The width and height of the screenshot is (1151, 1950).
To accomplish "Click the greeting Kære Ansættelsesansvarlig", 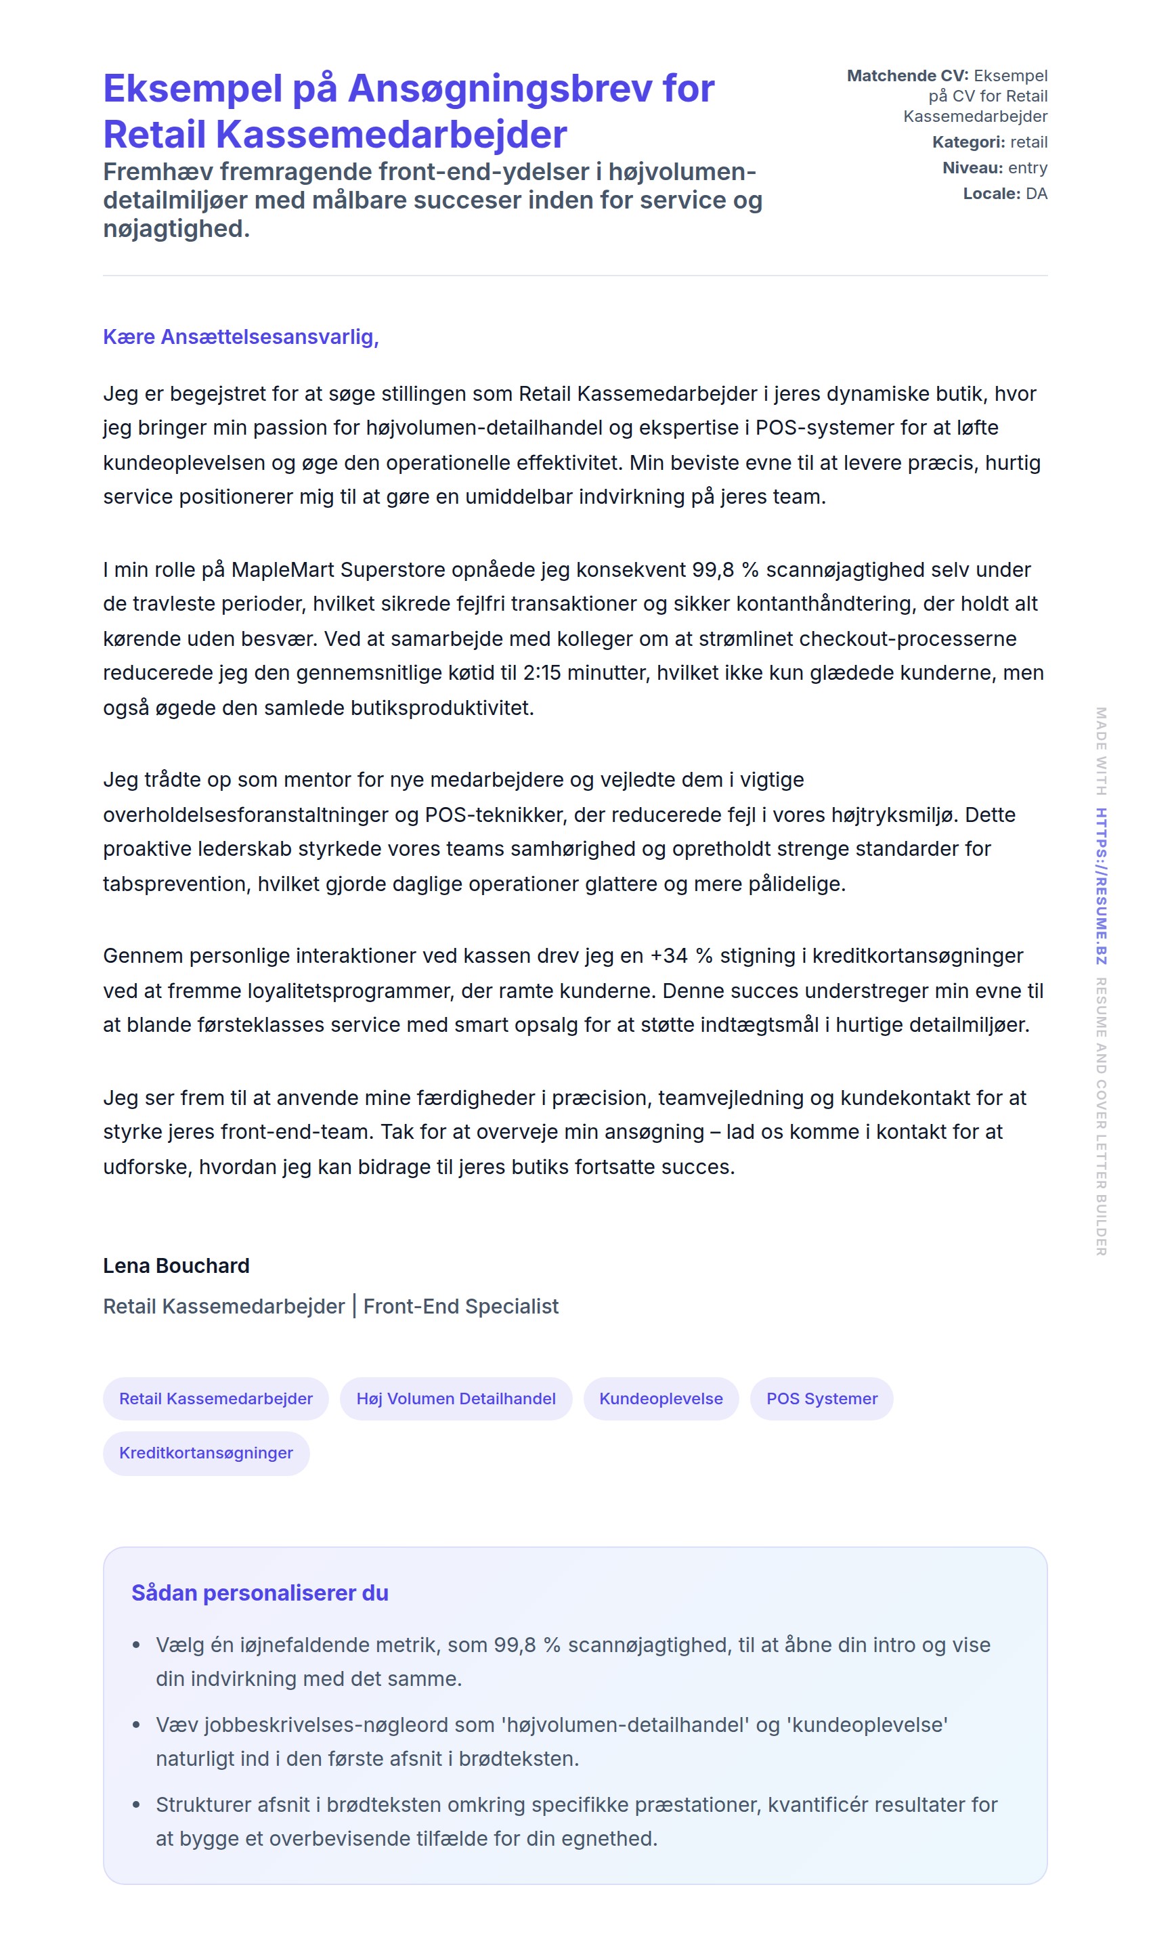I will coord(240,337).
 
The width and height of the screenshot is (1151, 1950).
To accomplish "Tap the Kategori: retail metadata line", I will coord(989,142).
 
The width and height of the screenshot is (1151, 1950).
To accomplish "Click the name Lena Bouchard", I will coord(176,1266).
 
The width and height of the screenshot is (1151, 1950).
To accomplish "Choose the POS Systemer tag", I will coord(821,1398).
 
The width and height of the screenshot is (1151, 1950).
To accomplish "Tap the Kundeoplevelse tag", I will coord(661,1398).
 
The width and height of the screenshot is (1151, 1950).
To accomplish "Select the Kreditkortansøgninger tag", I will coord(206,1453).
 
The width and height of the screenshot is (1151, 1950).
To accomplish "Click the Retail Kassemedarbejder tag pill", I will coord(215,1398).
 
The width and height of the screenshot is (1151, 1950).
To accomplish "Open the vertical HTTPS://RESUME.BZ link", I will coord(1101,886).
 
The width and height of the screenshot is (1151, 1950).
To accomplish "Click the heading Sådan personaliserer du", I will coord(260,1593).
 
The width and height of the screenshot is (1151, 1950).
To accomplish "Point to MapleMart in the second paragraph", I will coord(282,570).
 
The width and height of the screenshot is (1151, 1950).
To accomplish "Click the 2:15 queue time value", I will coord(542,672).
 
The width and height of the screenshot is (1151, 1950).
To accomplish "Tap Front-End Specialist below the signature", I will coord(460,1306).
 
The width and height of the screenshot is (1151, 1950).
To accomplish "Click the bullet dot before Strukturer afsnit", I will coord(137,1805).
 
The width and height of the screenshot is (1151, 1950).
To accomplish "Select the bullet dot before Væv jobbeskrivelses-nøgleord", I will coord(137,1725).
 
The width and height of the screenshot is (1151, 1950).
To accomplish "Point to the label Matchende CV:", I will coord(907,76).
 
